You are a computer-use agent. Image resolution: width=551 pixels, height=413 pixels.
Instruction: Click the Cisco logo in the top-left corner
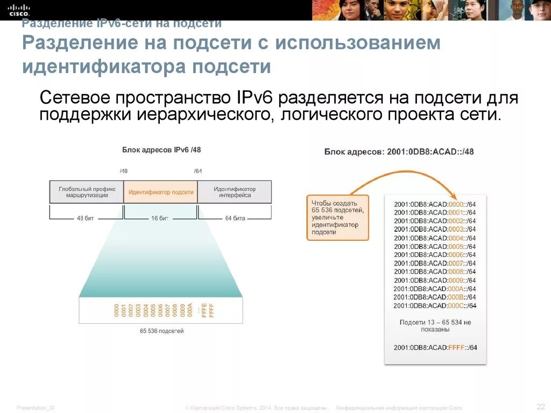(19, 10)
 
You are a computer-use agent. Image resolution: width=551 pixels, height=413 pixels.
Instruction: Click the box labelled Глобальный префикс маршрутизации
(87, 192)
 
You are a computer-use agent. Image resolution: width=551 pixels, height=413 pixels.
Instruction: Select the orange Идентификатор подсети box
(161, 192)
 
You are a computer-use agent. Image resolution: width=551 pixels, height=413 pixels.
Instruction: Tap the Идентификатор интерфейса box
(235, 192)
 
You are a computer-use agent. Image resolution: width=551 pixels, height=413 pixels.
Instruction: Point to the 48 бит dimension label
(87, 218)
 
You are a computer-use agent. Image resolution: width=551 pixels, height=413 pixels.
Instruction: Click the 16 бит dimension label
(160, 218)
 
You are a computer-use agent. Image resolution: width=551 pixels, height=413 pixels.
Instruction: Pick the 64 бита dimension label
(235, 218)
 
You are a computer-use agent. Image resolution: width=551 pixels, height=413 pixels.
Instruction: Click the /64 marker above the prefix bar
(197, 171)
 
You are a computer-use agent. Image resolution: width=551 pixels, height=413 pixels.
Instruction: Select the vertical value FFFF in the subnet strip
(211, 310)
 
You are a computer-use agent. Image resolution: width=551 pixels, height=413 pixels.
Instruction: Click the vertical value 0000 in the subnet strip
(116, 310)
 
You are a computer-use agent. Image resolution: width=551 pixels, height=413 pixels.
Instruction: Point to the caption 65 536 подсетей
(161, 331)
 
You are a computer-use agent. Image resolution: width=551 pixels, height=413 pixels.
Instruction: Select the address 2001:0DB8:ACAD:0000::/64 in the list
(435, 204)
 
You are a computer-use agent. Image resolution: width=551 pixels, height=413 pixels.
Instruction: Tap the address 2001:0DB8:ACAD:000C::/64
(435, 305)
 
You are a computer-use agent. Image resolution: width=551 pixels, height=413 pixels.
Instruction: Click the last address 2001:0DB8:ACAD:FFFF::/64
(435, 347)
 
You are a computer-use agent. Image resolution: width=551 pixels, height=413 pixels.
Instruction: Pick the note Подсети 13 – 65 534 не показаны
(435, 326)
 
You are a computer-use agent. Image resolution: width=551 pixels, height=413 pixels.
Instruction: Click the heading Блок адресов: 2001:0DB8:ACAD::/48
(399, 152)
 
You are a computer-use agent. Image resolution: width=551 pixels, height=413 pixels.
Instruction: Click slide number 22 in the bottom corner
(541, 405)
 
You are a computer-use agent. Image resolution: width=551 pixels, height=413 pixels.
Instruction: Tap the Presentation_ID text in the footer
(36, 408)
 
